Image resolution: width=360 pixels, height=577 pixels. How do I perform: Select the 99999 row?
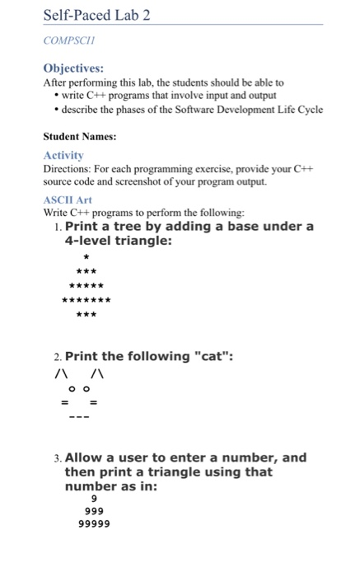tap(95, 523)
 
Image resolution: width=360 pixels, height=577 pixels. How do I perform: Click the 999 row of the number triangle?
tap(95, 511)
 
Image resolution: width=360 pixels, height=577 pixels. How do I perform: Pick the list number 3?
tap(56, 457)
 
